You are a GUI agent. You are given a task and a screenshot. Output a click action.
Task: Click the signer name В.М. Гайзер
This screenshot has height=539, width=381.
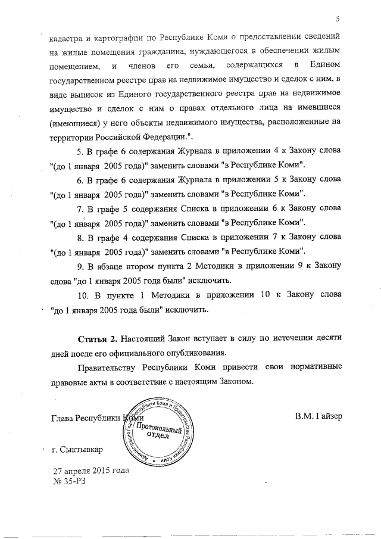[x=318, y=416]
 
